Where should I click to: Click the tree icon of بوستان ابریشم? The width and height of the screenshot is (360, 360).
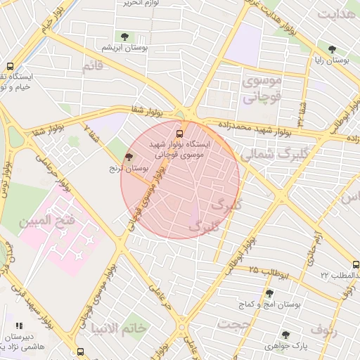tap(124, 36)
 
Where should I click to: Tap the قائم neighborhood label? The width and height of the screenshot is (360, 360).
tap(93, 67)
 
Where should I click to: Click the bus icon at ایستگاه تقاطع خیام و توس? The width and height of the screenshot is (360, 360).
tap(9, 66)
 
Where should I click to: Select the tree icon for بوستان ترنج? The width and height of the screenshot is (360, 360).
tap(129, 157)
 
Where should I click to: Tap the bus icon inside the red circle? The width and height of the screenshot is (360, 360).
tap(180, 131)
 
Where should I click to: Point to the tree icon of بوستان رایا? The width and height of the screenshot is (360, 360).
tap(332, 50)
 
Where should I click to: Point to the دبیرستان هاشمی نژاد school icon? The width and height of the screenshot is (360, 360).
tap(20, 326)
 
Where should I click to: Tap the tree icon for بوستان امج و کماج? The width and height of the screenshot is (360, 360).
tap(269, 293)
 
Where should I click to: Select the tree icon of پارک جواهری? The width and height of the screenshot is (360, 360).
tap(285, 335)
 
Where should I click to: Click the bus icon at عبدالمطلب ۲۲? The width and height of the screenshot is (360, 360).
tap(355, 264)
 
